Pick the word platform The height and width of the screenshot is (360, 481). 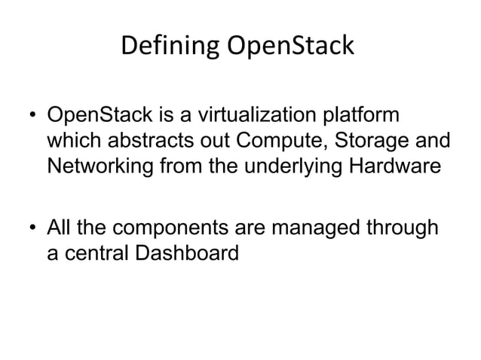coord(361,119)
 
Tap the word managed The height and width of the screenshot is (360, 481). coord(314,227)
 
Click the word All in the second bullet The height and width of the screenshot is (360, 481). coord(59,227)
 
